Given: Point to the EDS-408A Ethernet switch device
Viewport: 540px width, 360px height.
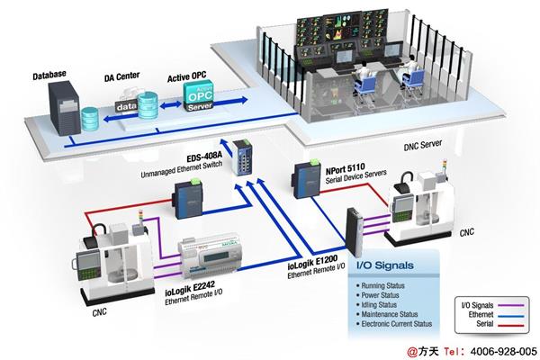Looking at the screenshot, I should click(244, 158).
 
